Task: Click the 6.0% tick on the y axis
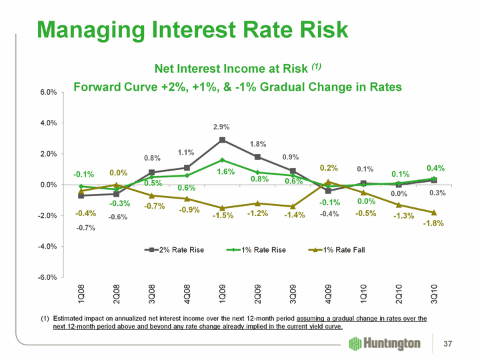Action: click(x=43, y=92)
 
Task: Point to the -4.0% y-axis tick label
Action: click(x=42, y=247)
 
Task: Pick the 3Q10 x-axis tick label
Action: click(x=434, y=294)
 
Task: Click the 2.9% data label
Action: click(x=222, y=127)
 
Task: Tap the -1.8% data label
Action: click(x=434, y=223)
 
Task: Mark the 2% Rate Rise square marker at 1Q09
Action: click(x=222, y=140)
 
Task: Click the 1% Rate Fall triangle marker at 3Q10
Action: click(x=434, y=213)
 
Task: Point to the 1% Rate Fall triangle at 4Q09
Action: click(x=328, y=182)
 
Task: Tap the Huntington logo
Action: click(x=385, y=343)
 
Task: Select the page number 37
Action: click(x=457, y=343)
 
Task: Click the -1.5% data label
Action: click(x=223, y=215)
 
